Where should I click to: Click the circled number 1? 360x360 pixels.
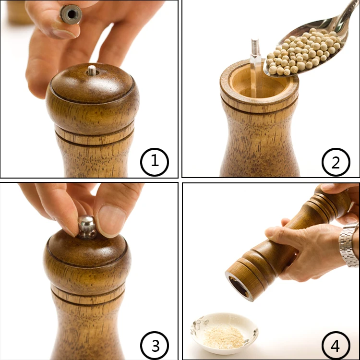(155, 162)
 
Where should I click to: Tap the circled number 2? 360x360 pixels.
(336, 162)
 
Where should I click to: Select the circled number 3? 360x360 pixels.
(155, 346)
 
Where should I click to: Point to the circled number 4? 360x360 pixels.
(336, 346)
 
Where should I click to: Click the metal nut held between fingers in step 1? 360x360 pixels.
(71, 14)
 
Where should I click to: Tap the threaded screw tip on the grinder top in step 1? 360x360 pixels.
(92, 70)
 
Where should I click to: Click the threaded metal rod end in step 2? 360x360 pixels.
(255, 47)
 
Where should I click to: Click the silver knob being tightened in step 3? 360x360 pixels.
(87, 228)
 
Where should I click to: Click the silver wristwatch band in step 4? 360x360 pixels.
(349, 245)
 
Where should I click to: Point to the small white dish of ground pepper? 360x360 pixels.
(224, 334)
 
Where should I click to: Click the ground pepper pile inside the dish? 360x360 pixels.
(223, 338)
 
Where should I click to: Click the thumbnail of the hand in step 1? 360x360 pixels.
(64, 34)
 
